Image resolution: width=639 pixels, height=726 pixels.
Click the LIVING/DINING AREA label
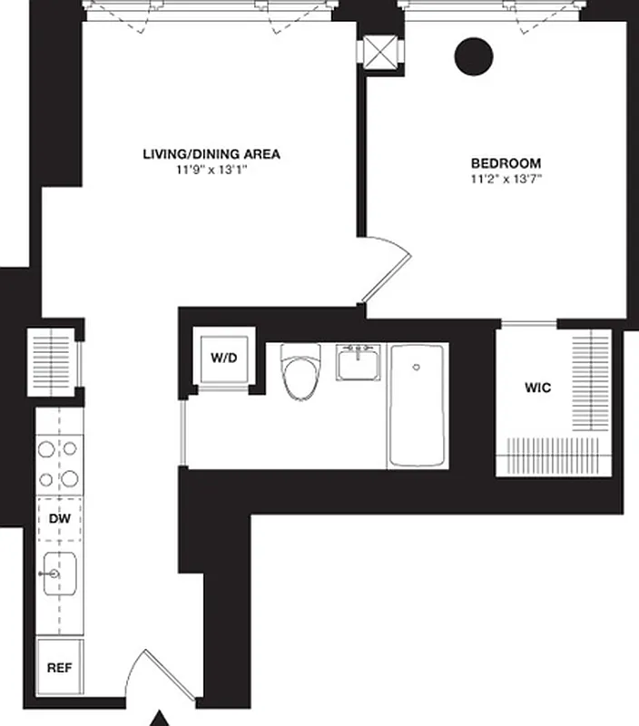click(x=211, y=154)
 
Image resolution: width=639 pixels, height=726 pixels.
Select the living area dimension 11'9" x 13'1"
click(x=211, y=170)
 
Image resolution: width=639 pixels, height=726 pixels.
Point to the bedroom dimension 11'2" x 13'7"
click(x=506, y=179)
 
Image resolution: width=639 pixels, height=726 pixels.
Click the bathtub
click(x=418, y=405)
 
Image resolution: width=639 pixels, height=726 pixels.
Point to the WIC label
click(x=537, y=388)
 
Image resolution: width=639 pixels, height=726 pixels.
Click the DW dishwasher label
click(x=59, y=519)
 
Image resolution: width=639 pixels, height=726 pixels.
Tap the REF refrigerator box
click(x=59, y=667)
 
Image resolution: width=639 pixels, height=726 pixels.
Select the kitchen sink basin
click(x=59, y=574)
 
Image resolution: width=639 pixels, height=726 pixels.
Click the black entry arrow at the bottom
click(x=160, y=718)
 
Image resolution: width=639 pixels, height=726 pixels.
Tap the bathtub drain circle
click(x=416, y=368)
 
